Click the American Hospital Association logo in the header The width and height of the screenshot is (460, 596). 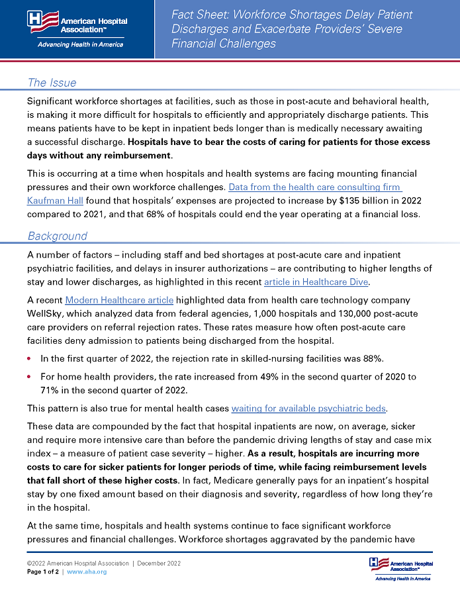pos(77,29)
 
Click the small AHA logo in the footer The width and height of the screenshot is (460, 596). pos(400,569)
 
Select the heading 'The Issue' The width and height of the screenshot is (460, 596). pos(52,83)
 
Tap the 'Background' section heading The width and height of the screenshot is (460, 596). pos(58,236)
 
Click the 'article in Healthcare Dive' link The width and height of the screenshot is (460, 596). pos(316,282)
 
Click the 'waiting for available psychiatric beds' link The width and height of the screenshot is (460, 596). pos(309,407)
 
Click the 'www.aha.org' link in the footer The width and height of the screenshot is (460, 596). pos(86,571)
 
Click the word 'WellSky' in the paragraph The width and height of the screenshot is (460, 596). pos(46,313)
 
